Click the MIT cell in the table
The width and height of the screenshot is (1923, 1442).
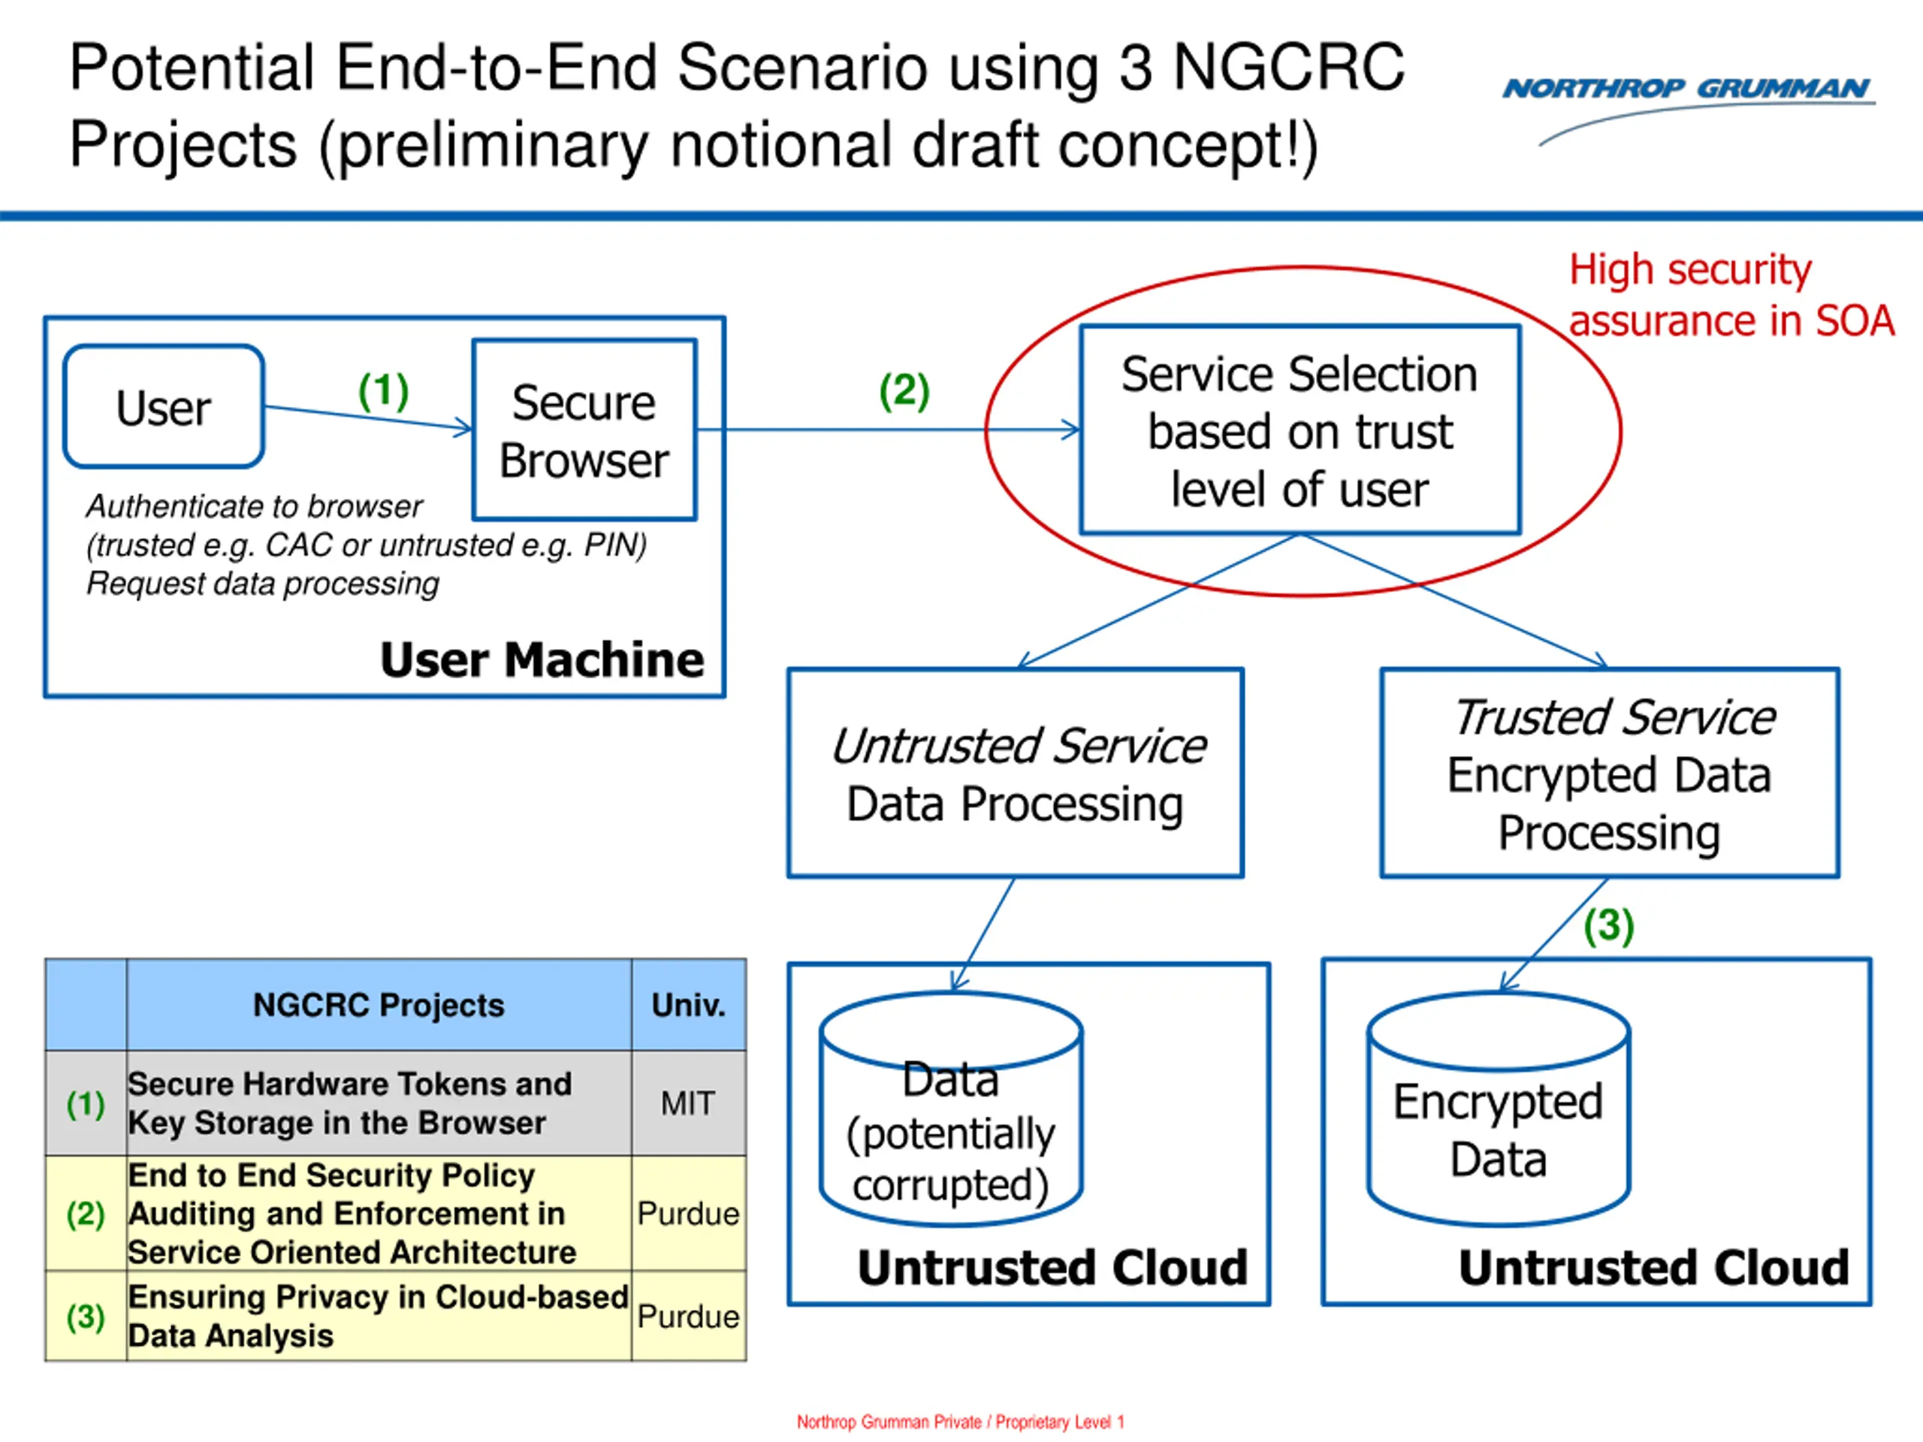[x=689, y=1103]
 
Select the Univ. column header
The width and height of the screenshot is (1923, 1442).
[x=689, y=1005]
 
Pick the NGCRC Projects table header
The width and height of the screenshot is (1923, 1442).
[x=379, y=1005]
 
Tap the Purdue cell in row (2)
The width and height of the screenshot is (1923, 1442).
[x=689, y=1214]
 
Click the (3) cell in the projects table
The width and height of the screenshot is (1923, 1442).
[x=86, y=1316]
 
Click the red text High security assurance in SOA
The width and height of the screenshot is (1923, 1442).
[x=1731, y=295]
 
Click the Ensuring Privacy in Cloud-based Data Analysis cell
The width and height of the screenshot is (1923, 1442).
[x=379, y=1316]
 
